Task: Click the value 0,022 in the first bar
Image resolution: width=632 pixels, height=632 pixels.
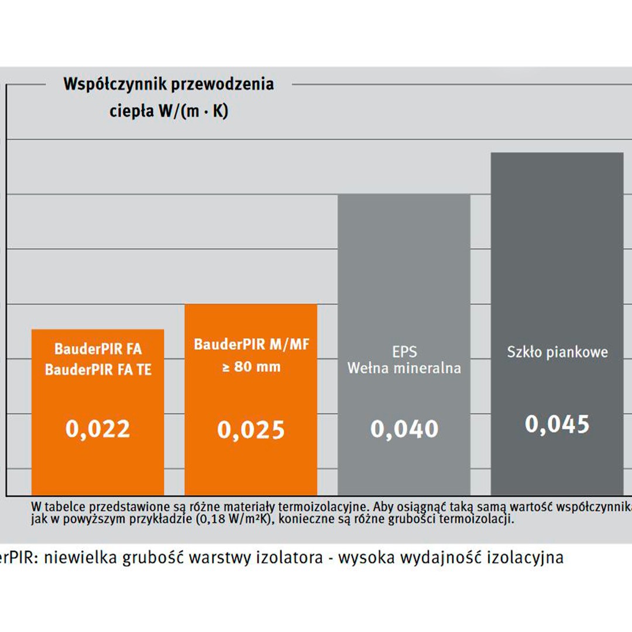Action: pos(98,429)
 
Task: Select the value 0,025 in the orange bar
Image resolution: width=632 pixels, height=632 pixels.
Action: pos(250,430)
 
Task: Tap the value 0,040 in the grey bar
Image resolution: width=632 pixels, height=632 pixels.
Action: pos(404,429)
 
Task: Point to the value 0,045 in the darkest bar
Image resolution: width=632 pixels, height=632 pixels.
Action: pos(557,424)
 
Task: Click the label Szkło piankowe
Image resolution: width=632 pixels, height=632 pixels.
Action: pos(557,352)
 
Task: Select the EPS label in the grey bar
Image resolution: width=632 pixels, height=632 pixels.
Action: pos(404,352)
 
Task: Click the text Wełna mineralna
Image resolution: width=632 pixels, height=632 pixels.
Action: pos(404,368)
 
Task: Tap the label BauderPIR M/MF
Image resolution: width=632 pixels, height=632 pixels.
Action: pos(251,344)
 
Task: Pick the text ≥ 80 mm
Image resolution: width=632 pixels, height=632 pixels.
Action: pos(252,367)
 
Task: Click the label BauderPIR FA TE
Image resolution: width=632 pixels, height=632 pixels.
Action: pos(98,370)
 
